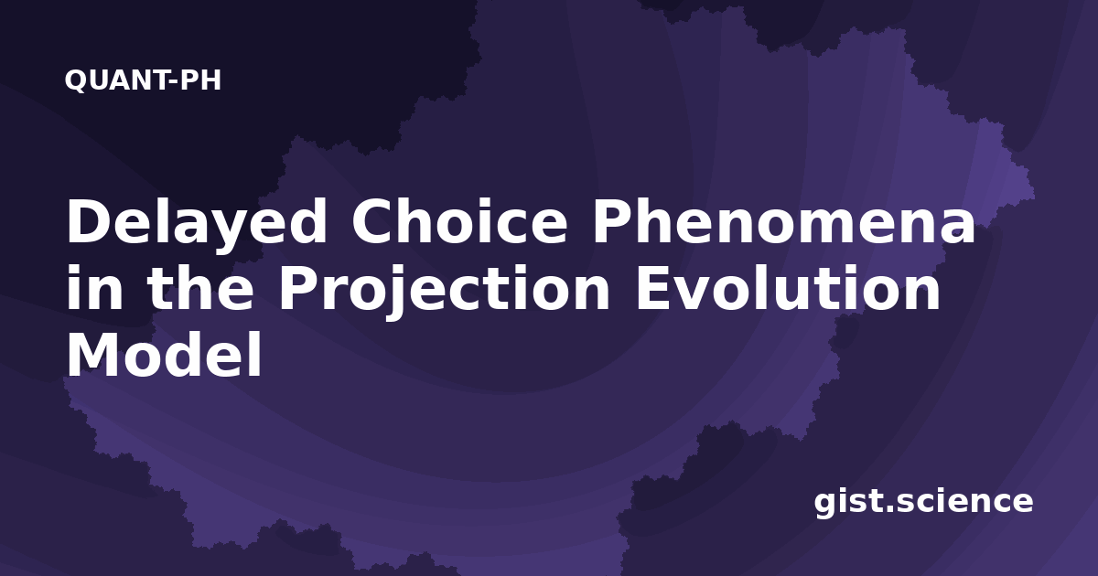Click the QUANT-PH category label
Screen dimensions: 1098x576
143,80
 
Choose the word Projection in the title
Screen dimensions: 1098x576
444,292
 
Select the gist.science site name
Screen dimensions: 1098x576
923,503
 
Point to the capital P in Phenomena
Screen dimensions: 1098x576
612,221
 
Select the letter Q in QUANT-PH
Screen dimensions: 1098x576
75,80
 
